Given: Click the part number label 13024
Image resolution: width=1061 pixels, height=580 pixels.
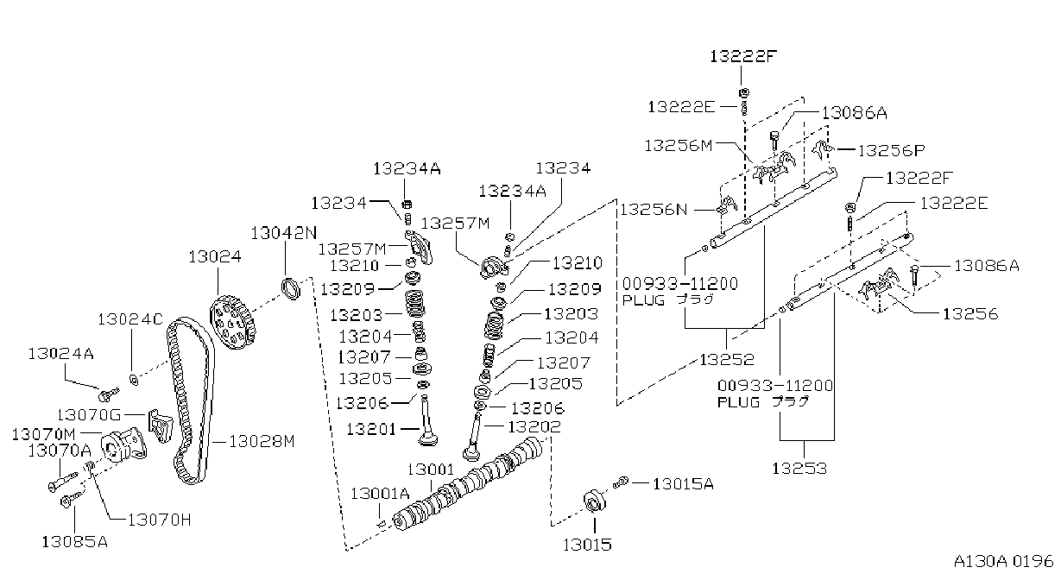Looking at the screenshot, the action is [215, 257].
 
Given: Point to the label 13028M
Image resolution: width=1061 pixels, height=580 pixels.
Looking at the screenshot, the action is [262, 442].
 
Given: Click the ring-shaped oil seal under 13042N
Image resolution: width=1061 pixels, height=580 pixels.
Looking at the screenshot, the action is [291, 289].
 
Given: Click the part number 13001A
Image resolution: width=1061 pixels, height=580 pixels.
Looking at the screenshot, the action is [380, 494].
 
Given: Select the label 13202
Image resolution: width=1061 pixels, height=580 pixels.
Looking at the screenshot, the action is [534, 427].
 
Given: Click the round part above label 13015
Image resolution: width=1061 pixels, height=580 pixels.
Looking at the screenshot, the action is [595, 501].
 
